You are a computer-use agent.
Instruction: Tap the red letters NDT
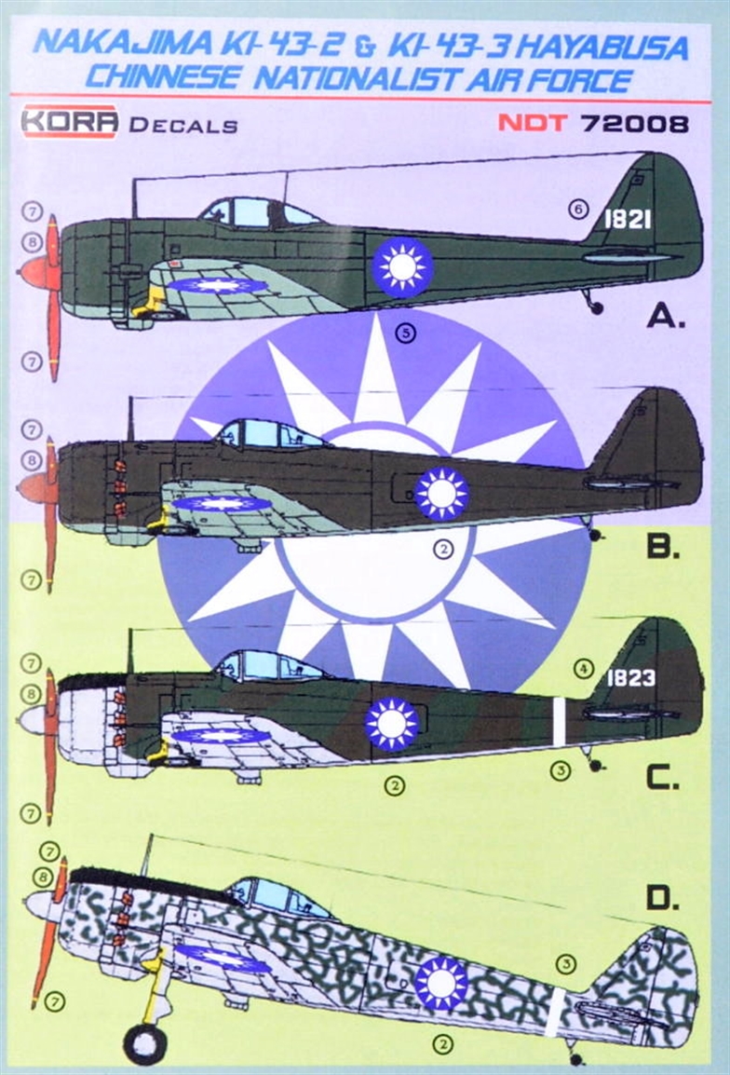click(x=532, y=123)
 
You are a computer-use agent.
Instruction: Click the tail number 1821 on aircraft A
click(x=627, y=219)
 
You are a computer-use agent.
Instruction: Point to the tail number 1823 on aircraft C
click(x=631, y=678)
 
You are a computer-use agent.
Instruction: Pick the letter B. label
click(x=663, y=548)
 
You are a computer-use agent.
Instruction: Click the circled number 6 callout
click(x=577, y=211)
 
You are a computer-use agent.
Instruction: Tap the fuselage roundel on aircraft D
click(x=441, y=982)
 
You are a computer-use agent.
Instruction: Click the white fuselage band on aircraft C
click(x=559, y=720)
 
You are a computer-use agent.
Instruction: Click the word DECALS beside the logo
click(x=182, y=125)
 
